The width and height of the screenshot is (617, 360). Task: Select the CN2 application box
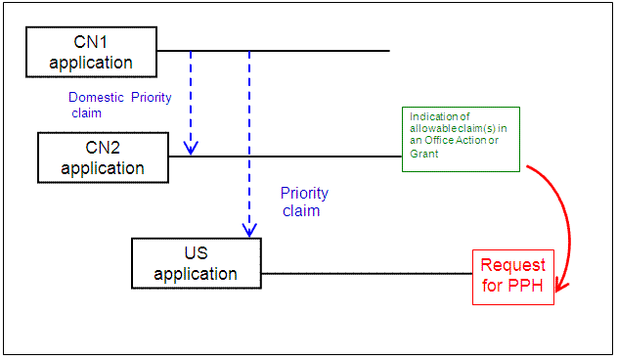102,157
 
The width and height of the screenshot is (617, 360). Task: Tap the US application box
196,263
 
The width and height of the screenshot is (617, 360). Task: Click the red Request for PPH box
513,277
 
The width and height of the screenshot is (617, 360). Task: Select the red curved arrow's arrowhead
560,288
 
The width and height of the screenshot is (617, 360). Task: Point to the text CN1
92,43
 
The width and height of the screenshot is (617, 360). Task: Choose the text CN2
102,148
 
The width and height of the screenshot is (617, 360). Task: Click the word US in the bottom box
196,253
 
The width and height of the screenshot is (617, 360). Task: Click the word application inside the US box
196,273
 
